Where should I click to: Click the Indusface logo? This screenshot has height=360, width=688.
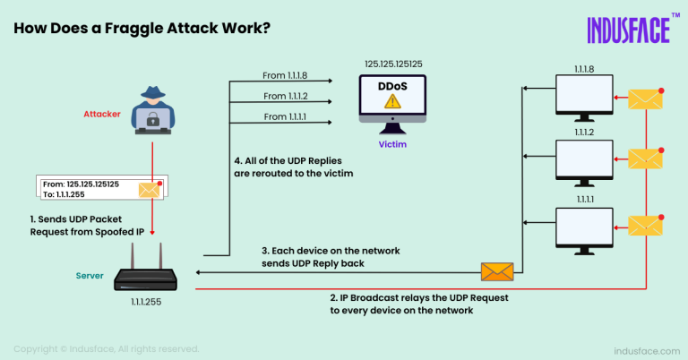[628, 30]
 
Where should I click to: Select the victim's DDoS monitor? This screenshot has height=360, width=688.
[391, 98]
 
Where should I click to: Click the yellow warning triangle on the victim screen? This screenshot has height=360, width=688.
[391, 103]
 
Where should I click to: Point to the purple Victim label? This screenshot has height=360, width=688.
[392, 141]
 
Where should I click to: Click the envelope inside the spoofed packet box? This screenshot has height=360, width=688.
[148, 189]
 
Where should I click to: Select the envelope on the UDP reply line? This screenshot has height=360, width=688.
[496, 271]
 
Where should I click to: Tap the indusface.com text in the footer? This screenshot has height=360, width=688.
[643, 350]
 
